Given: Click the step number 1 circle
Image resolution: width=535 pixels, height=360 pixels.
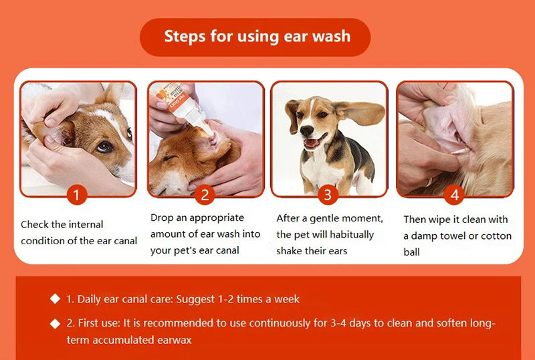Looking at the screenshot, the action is pyautogui.click(x=77, y=195).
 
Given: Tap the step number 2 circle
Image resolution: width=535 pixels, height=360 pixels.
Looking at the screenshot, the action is pyautogui.click(x=205, y=195).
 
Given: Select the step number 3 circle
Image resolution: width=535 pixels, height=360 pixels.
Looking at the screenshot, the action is pyautogui.click(x=328, y=195).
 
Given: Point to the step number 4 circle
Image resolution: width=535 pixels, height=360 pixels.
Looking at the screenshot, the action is pyautogui.click(x=454, y=195).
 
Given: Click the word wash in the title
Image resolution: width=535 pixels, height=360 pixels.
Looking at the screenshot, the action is pyautogui.click(x=331, y=36).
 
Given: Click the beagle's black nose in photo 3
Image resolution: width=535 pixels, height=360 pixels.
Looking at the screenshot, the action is pyautogui.click(x=307, y=130).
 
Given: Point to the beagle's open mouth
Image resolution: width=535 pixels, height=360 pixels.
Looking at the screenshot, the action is pyautogui.click(x=312, y=142).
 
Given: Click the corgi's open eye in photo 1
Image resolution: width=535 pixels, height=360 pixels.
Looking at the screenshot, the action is pyautogui.click(x=104, y=147).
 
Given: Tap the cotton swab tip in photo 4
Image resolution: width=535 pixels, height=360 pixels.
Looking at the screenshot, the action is pyautogui.click(x=458, y=151).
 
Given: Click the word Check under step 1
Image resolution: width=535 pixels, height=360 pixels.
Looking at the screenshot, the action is pyautogui.click(x=35, y=224).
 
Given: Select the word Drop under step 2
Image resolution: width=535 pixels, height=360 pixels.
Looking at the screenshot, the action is pyautogui.click(x=162, y=218).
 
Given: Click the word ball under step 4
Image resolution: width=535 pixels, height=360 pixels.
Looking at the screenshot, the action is pyautogui.click(x=411, y=252).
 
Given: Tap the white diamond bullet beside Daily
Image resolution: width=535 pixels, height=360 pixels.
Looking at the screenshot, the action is pyautogui.click(x=55, y=298).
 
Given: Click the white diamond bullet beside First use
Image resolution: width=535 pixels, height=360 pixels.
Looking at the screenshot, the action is pyautogui.click(x=55, y=323).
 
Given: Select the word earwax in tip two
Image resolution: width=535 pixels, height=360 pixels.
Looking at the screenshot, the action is pyautogui.click(x=175, y=340).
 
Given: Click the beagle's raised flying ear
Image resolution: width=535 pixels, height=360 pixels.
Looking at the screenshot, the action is pyautogui.click(x=361, y=112).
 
